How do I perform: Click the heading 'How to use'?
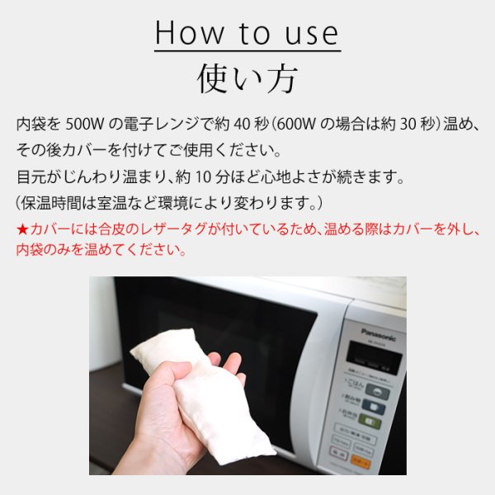point(247,33)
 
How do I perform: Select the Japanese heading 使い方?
point(247,78)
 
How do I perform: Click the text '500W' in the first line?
point(82,124)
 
